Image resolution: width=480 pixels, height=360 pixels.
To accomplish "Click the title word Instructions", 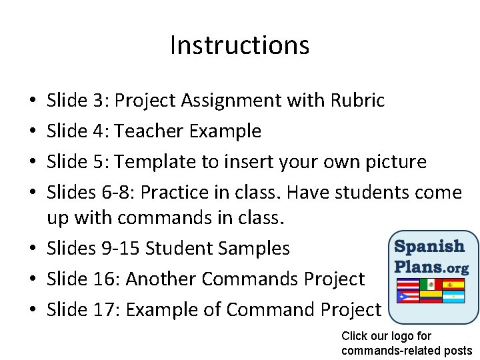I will [x=239, y=45].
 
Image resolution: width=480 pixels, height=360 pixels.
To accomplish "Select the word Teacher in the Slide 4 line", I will [x=149, y=131].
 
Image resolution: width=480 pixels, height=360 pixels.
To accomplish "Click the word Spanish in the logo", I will [x=430, y=247].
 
